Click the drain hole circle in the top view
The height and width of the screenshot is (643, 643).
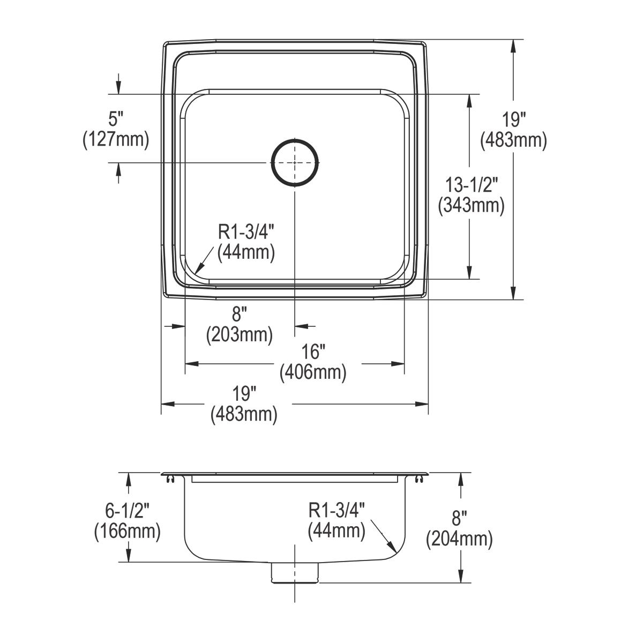click(295, 162)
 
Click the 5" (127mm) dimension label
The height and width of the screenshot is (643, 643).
click(115, 129)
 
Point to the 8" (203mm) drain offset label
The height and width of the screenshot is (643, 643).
click(240, 325)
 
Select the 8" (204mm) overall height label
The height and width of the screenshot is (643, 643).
click(459, 529)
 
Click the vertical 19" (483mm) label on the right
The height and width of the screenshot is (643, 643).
click(513, 129)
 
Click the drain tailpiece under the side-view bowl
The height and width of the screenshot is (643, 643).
click(295, 572)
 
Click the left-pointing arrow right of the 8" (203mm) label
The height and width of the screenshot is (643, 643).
click(300, 326)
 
